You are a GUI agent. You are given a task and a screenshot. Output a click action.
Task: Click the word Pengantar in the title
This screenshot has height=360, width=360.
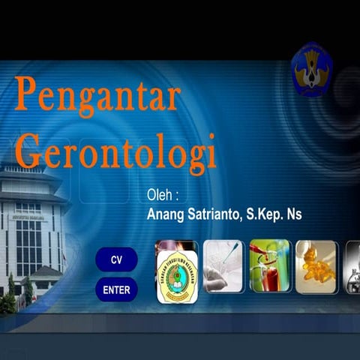click(97, 96)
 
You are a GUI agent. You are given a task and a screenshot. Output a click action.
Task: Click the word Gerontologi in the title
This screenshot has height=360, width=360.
click(115, 150)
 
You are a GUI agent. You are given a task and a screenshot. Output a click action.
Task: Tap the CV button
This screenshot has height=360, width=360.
click(116, 259)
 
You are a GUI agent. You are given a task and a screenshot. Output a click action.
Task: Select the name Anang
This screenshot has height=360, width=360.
click(167, 214)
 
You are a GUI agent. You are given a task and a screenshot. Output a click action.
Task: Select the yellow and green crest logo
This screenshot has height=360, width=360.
click(178, 276)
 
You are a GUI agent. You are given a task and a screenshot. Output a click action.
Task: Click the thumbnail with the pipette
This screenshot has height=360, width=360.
click(223, 266)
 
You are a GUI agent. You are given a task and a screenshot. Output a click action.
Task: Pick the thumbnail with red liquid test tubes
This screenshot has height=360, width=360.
click(269, 266)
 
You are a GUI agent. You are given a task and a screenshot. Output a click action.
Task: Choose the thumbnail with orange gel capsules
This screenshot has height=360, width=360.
click(316, 266)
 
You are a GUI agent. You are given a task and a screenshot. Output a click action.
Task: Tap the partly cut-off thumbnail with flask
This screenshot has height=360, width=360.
click(352, 266)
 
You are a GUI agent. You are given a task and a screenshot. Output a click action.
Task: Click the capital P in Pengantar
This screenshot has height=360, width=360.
click(25, 94)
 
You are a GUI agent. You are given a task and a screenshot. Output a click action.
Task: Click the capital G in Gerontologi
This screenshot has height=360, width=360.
click(28, 150)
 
